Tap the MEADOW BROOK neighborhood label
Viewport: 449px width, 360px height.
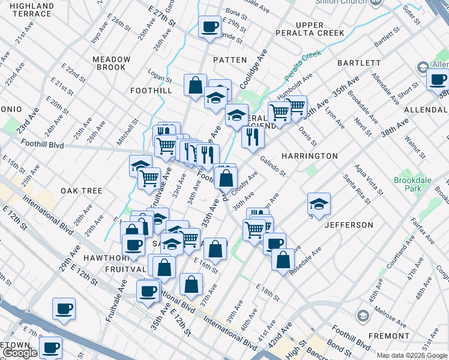(112, 63)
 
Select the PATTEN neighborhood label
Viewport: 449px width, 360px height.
(230, 60)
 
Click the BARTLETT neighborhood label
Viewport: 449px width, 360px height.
(359, 62)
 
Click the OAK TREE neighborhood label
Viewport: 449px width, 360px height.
(82, 191)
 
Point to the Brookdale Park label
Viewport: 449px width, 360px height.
(408, 184)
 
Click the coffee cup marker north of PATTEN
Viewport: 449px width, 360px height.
(209, 27)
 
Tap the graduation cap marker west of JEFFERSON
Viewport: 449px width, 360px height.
(319, 204)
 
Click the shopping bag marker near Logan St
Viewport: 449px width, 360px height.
(195, 86)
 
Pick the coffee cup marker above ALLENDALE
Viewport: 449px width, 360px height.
(438, 79)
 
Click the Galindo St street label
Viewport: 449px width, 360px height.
(273, 166)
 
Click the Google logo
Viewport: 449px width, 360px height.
(20, 353)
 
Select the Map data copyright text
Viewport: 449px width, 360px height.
(412, 355)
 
